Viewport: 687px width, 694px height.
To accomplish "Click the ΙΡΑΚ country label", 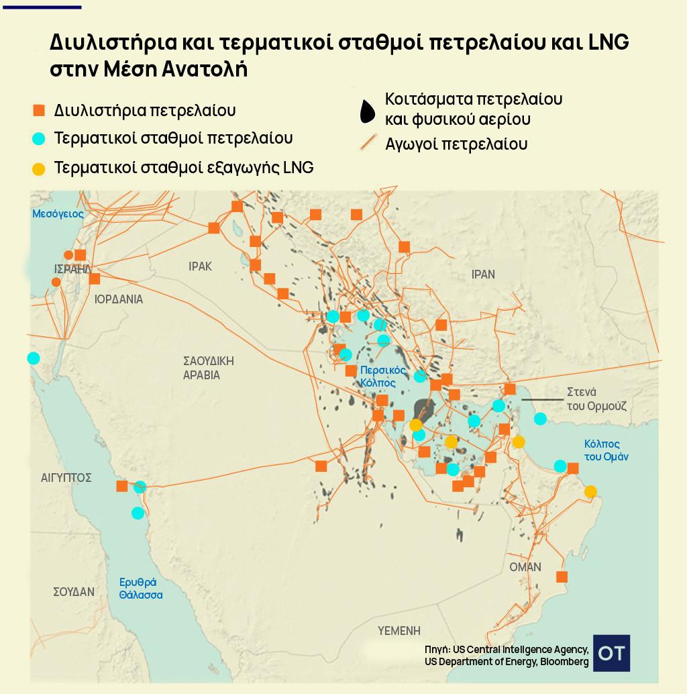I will coord(200,266).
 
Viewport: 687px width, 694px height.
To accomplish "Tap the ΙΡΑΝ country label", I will coord(483,274).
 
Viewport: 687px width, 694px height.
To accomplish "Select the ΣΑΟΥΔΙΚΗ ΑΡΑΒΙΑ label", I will coord(208,368).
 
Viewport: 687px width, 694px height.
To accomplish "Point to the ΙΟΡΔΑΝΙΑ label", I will coord(119,299).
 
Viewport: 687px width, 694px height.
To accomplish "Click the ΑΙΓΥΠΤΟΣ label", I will coord(66,478).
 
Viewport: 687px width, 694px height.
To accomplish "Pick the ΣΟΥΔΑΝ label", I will coord(74,592).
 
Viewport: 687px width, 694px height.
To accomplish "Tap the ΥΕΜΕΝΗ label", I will coord(399,631).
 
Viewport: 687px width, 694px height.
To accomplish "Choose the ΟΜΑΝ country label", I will coord(525,567).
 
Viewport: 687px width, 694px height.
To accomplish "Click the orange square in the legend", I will coord(39,110).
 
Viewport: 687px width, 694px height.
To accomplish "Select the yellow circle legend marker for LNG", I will coord(39,168).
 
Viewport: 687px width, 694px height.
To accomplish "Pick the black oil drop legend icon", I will coord(367,112).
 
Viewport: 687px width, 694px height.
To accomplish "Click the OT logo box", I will coord(611,653).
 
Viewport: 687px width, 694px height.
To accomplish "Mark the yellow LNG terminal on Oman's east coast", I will coord(590,491).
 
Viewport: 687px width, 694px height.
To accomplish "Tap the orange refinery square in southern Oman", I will coord(562,577).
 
